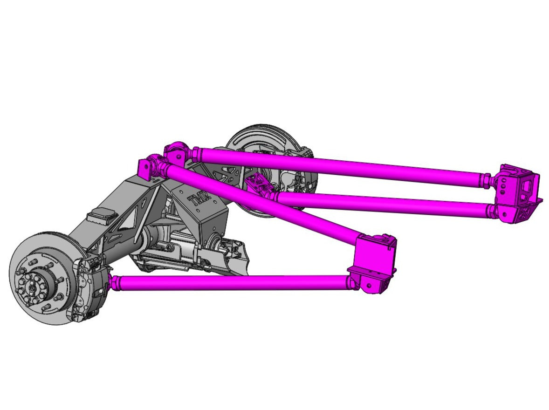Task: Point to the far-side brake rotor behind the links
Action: [261, 140]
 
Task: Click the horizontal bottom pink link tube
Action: [233, 282]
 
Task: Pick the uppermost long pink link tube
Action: [340, 166]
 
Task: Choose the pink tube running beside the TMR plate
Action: [261, 201]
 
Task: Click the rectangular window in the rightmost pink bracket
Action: [527, 184]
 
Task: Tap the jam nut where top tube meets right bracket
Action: [487, 179]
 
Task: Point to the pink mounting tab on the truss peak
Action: [144, 170]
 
